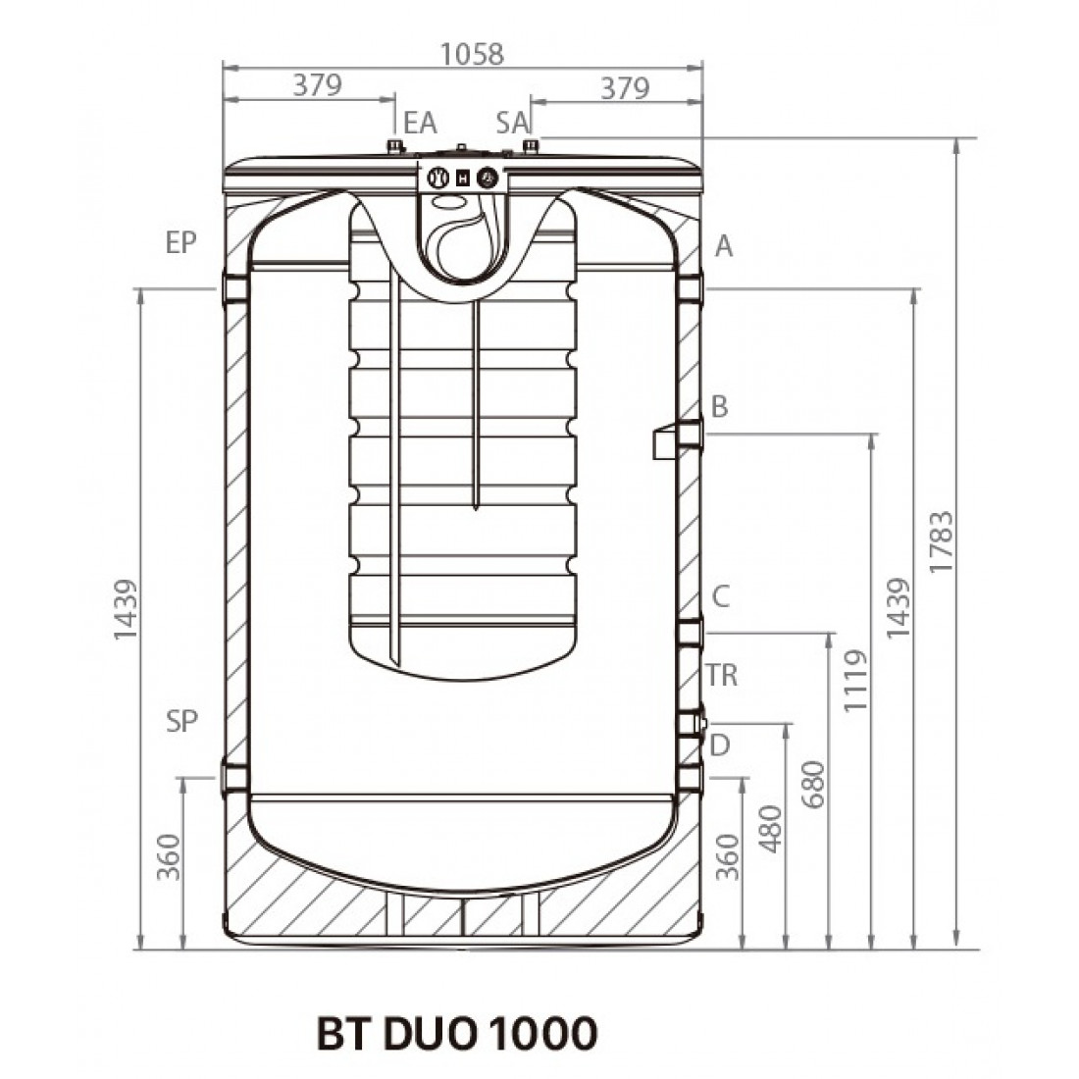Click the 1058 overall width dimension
tap(472, 54)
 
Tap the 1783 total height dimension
tap(943, 541)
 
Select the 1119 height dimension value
tap(856, 680)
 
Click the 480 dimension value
tap(772, 829)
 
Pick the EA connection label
tap(420, 123)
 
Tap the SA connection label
tap(513, 123)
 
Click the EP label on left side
tap(181, 243)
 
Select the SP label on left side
tap(181, 721)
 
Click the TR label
tap(722, 675)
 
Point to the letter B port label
tap(719, 406)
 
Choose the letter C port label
tap(720, 595)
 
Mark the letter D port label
tap(720, 745)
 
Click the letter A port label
tap(724, 245)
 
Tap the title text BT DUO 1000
tap(456, 1033)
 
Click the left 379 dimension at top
tap(317, 86)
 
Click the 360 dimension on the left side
tap(169, 856)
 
